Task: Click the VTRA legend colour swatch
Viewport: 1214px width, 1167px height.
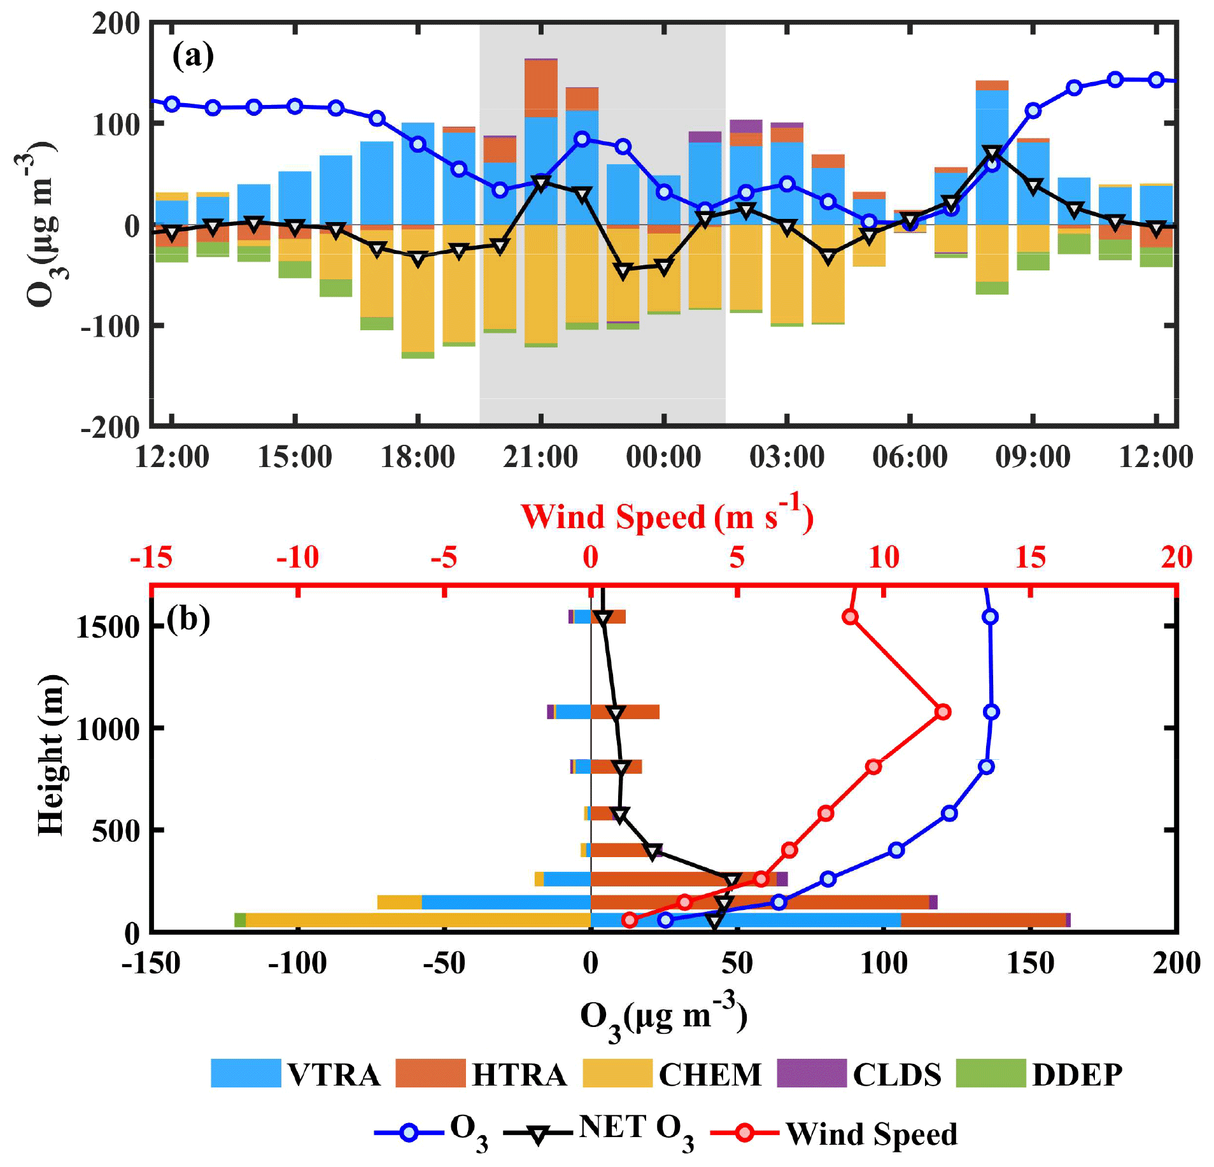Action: [x=246, y=1073]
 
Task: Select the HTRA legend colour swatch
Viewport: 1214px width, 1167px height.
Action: [x=430, y=1073]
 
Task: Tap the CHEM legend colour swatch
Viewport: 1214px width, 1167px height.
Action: [x=618, y=1073]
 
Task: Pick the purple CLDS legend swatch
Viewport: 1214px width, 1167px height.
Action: [x=812, y=1073]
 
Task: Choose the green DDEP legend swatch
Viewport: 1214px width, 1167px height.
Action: [x=991, y=1073]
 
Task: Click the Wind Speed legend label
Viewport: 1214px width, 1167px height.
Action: [x=872, y=1133]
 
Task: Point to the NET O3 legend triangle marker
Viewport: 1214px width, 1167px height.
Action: [x=538, y=1135]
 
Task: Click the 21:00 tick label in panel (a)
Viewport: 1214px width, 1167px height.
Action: [x=540, y=457]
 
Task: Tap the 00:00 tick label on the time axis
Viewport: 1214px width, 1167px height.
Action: [x=663, y=457]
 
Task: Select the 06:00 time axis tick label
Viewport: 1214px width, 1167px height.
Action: [x=910, y=457]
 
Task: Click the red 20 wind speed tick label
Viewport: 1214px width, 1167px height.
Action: [x=1176, y=557]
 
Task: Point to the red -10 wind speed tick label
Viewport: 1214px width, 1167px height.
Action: [x=297, y=557]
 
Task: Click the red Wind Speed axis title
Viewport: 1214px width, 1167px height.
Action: [x=667, y=516]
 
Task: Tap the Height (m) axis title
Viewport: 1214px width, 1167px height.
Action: [x=51, y=755]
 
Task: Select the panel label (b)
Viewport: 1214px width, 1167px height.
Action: [x=188, y=618]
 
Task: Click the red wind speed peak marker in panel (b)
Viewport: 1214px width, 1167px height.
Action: [x=943, y=711]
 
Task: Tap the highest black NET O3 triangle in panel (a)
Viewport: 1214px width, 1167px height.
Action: [x=992, y=153]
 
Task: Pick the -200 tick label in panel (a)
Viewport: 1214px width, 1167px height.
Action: [x=110, y=427]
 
